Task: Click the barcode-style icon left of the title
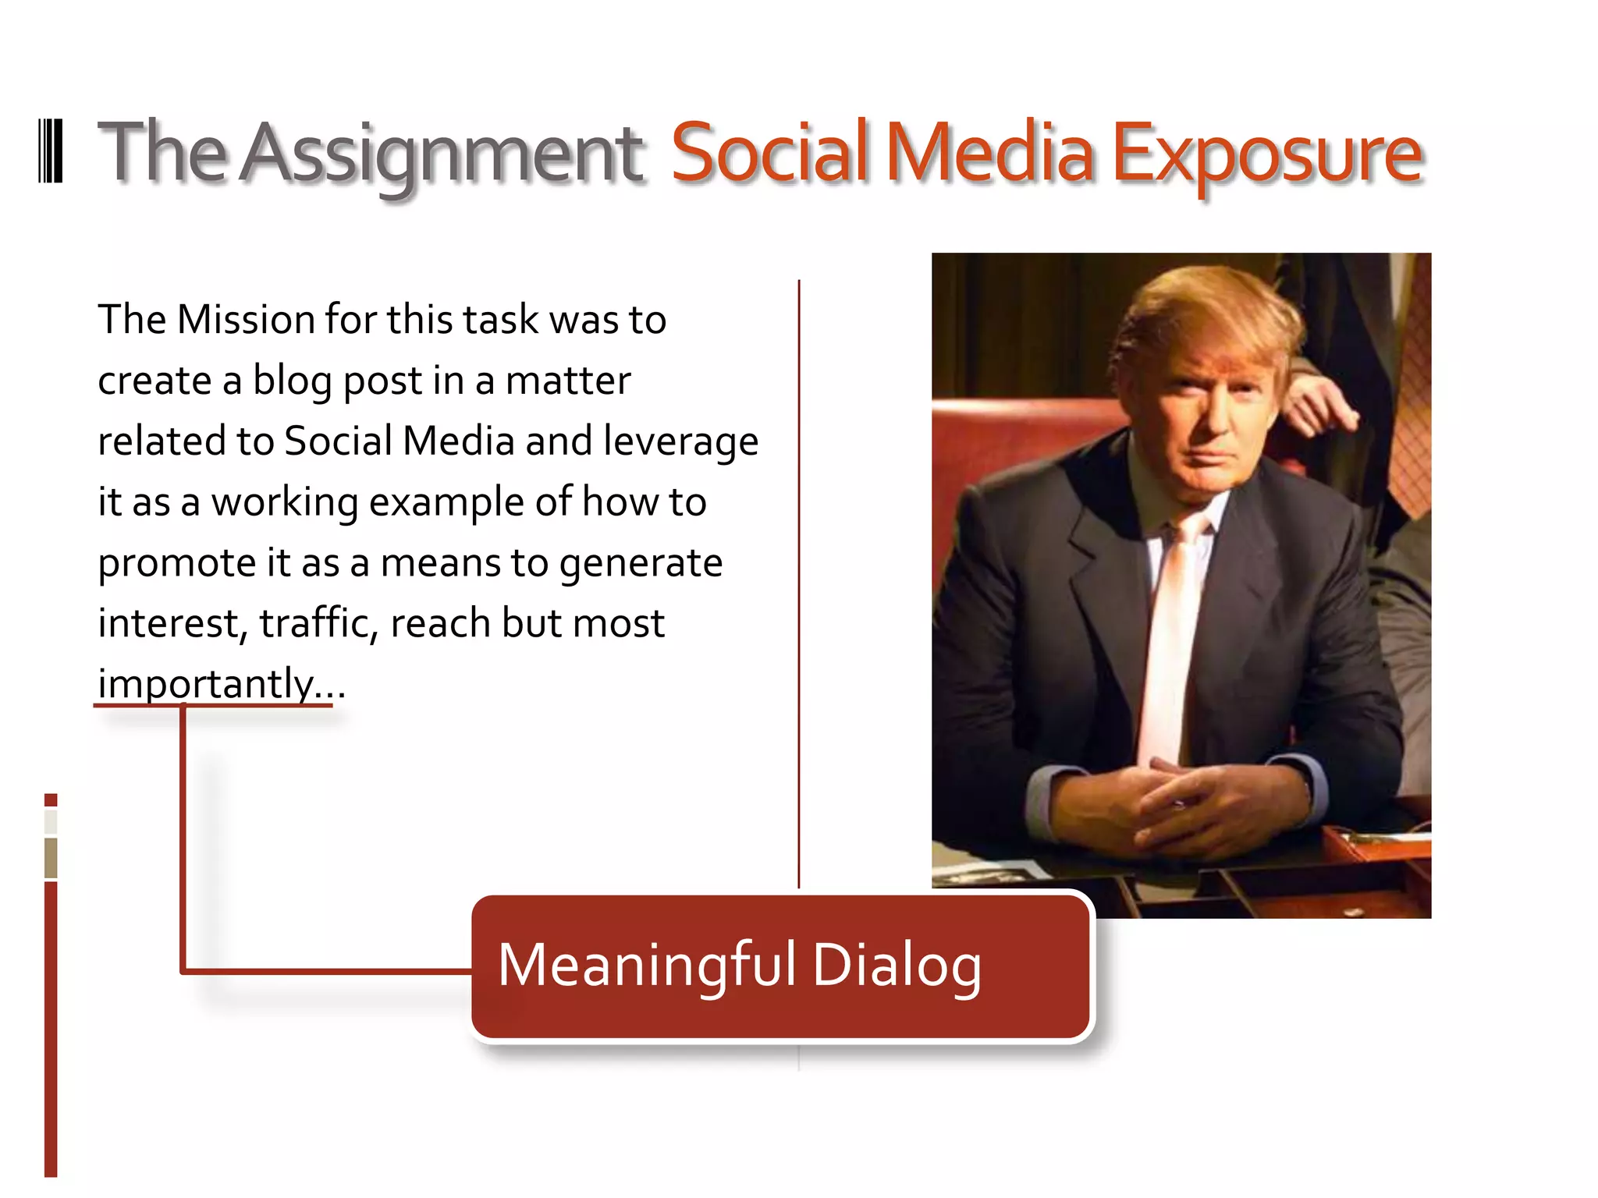tap(51, 151)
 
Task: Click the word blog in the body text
tap(292, 381)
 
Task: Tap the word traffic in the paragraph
tap(318, 623)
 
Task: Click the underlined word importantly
tap(206, 684)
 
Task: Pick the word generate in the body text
tap(641, 563)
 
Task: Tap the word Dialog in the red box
tap(897, 966)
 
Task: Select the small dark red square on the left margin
tap(51, 799)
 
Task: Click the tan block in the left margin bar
tap(51, 857)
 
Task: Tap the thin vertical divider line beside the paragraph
tap(799, 585)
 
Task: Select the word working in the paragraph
tap(285, 502)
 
